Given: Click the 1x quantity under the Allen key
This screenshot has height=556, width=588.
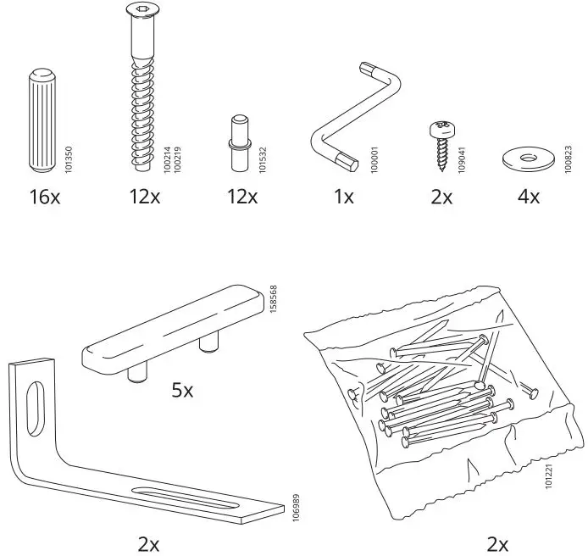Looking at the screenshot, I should coord(343,197).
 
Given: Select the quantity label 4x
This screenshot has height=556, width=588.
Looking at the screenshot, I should coord(528,197).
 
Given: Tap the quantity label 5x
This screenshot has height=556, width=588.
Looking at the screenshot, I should coord(182,391).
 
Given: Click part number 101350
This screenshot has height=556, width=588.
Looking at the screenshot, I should coord(69,158).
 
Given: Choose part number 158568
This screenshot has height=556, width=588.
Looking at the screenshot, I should coord(273,299).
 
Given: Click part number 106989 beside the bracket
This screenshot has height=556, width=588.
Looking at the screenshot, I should coord(295,509).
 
